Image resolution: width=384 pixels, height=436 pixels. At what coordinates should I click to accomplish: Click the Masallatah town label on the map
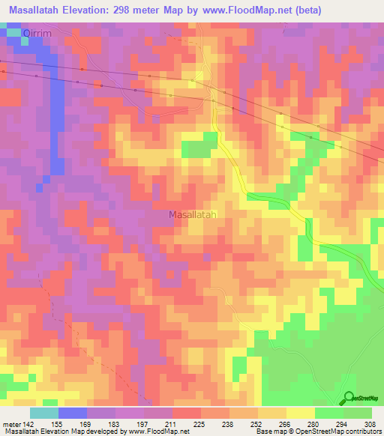coord(193,214)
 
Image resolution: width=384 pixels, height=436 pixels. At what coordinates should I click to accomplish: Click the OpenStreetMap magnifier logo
coord(349,398)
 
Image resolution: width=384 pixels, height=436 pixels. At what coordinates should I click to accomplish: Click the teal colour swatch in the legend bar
coord(44,413)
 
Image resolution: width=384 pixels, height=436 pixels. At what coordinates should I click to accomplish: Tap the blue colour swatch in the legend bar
coord(73,413)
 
